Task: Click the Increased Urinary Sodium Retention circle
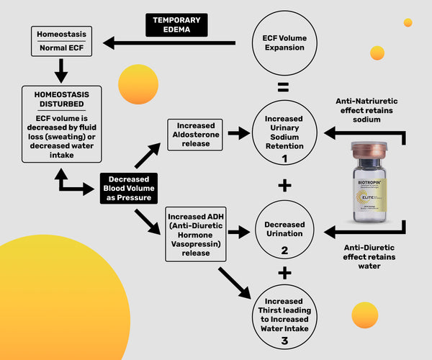tap(284, 135)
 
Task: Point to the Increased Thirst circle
tap(284, 320)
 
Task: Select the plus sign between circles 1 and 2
tap(284, 185)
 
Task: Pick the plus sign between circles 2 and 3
tap(284, 274)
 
